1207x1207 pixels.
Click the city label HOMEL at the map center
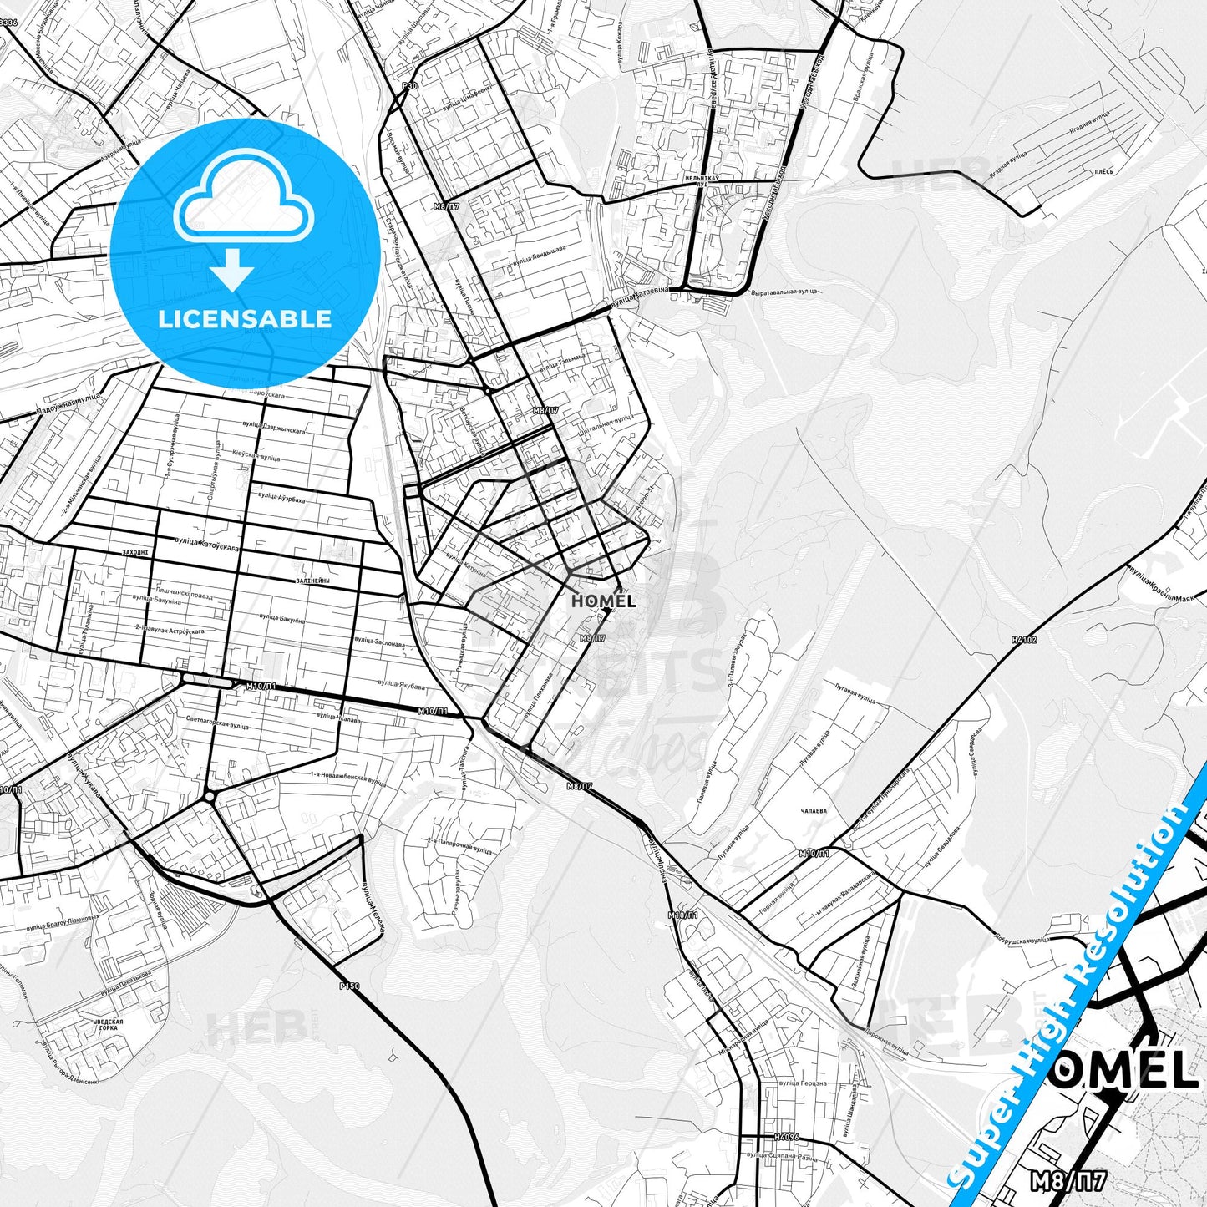(x=603, y=601)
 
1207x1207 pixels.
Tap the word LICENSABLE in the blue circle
(x=245, y=318)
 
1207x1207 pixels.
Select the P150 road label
(x=349, y=986)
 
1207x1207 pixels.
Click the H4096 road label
(x=786, y=1137)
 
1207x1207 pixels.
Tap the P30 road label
(x=408, y=85)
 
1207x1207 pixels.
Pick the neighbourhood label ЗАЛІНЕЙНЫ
(x=313, y=581)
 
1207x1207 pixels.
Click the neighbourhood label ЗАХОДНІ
(x=134, y=552)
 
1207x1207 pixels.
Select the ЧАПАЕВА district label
(x=814, y=810)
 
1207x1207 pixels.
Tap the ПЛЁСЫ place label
(x=1104, y=171)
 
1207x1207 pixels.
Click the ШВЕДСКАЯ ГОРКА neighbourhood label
(x=106, y=1026)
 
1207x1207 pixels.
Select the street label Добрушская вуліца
(x=1019, y=939)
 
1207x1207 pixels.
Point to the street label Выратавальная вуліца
(x=784, y=292)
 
